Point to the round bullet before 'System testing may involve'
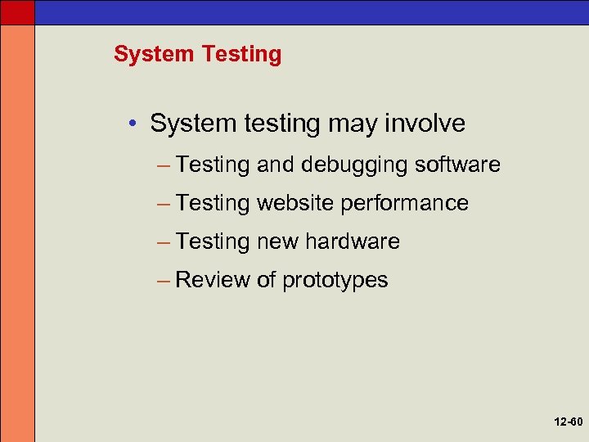tap(132, 124)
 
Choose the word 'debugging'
tap(354, 165)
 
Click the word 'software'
tap(457, 165)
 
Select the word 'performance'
tap(405, 204)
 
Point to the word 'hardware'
tap(353, 241)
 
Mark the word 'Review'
tap(213, 280)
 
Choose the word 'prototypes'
tap(335, 281)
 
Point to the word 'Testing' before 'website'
tap(213, 204)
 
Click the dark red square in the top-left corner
tap(17, 11)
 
